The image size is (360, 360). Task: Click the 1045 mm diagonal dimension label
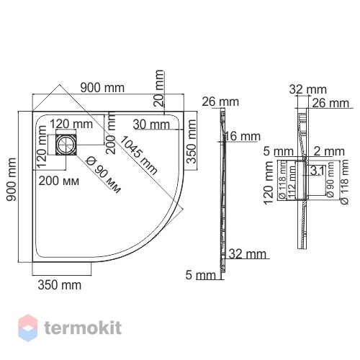(x=138, y=155)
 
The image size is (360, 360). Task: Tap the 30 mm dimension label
(x=151, y=125)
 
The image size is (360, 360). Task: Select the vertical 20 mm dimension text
(x=159, y=88)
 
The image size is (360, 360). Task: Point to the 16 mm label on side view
(x=243, y=136)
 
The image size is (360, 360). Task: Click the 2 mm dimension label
(x=329, y=151)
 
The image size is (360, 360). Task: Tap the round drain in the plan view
(x=66, y=145)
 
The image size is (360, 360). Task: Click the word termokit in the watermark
(x=83, y=328)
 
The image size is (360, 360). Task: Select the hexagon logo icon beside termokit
(x=28, y=328)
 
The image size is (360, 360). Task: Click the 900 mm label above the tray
(x=102, y=88)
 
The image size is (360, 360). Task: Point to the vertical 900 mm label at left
(x=12, y=179)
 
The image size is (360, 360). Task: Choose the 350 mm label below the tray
(x=60, y=285)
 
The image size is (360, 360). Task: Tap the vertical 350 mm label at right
(x=192, y=142)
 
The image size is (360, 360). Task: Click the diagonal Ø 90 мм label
(x=103, y=174)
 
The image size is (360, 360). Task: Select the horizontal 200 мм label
(x=59, y=181)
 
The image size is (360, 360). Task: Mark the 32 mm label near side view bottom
(x=248, y=254)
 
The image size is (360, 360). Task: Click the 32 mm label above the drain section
(x=308, y=89)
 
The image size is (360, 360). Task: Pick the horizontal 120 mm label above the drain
(x=71, y=124)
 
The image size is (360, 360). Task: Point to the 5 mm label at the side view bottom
(x=201, y=275)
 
